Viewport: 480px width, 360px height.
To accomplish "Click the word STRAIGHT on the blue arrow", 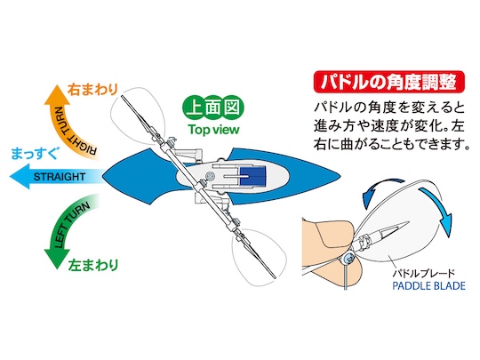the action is click(60, 177).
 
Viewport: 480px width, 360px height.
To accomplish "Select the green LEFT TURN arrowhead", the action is click(57, 260).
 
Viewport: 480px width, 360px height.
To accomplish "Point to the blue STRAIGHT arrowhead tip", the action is click(10, 176).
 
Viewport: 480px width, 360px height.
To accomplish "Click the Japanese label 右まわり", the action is click(92, 90).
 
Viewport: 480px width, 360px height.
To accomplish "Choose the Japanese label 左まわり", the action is click(93, 265).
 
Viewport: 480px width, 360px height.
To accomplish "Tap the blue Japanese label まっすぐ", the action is click(34, 154).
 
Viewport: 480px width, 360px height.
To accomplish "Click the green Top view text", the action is click(213, 130).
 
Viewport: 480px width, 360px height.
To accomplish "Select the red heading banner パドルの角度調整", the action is click(389, 82).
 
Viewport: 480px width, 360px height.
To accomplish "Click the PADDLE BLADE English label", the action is click(428, 286).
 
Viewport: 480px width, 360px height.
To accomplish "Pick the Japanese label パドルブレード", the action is click(424, 273).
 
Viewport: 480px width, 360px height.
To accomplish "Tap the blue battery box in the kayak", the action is click(252, 176).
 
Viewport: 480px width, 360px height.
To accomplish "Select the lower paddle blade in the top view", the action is click(259, 257).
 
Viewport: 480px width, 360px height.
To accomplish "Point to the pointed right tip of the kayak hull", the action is click(340, 177).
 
